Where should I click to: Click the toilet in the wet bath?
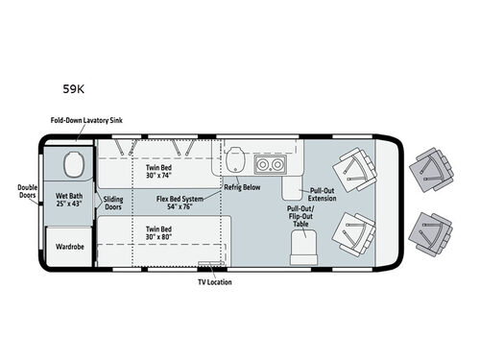[71, 167]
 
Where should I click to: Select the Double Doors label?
[28, 193]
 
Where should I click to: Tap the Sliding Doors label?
[113, 202]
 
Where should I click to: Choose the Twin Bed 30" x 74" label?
[157, 172]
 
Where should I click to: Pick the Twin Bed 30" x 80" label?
[158, 234]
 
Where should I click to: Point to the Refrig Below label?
[243, 187]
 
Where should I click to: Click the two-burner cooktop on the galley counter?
[271, 164]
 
